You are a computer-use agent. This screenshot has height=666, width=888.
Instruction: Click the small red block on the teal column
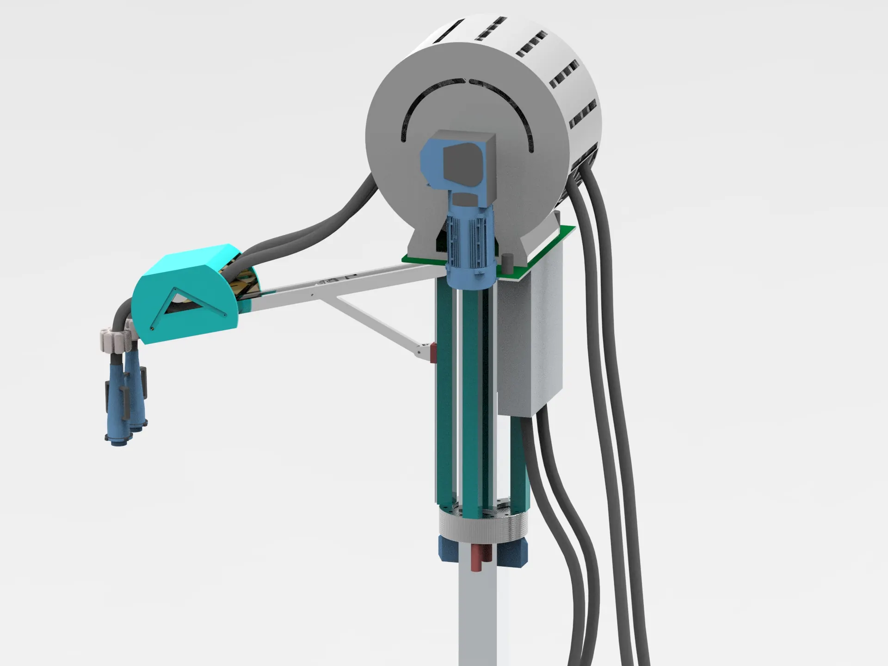pyautogui.click(x=433, y=353)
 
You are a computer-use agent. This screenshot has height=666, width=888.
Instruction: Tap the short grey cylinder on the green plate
pyautogui.click(x=507, y=261)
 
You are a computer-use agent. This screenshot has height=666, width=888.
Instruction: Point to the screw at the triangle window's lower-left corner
pyautogui.click(x=153, y=327)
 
